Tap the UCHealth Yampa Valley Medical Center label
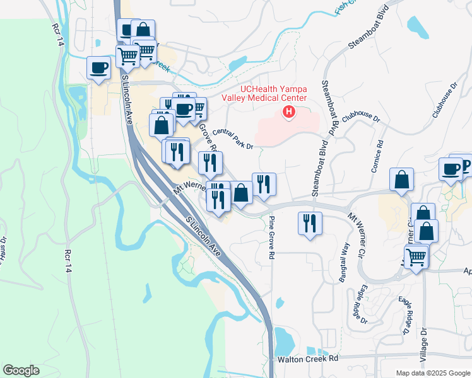[264, 93]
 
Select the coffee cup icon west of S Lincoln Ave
[98, 68]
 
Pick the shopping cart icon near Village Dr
[416, 256]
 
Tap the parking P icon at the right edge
[465, 166]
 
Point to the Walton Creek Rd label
[309, 358]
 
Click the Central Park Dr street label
[233, 139]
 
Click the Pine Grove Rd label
[272, 238]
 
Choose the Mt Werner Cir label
[357, 229]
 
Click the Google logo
[21, 370]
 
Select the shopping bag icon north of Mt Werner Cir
[401, 180]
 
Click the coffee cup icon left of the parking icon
[451, 169]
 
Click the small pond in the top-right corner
[417, 25]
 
